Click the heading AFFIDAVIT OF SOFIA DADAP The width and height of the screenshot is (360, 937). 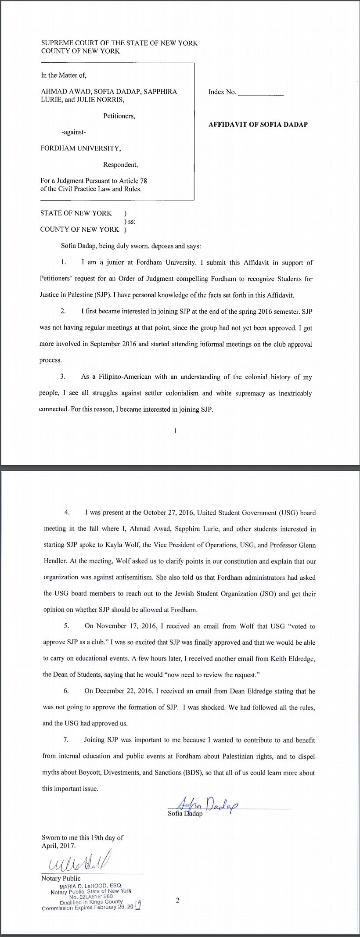pyautogui.click(x=258, y=125)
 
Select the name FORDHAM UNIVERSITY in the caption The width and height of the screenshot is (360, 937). pyautogui.click(x=80, y=148)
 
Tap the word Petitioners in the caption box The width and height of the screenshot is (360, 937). pyautogui.click(x=119, y=116)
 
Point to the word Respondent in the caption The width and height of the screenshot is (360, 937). pyautogui.click(x=120, y=165)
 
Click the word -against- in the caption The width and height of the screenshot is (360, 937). pyautogui.click(x=74, y=132)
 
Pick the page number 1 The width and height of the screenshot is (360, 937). pyautogui.click(x=175, y=431)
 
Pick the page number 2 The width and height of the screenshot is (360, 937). pyautogui.click(x=177, y=901)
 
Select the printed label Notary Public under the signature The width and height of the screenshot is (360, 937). pyautogui.click(x=61, y=878)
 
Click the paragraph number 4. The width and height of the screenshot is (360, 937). pyautogui.click(x=67, y=513)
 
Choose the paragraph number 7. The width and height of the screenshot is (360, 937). pyautogui.click(x=66, y=740)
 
